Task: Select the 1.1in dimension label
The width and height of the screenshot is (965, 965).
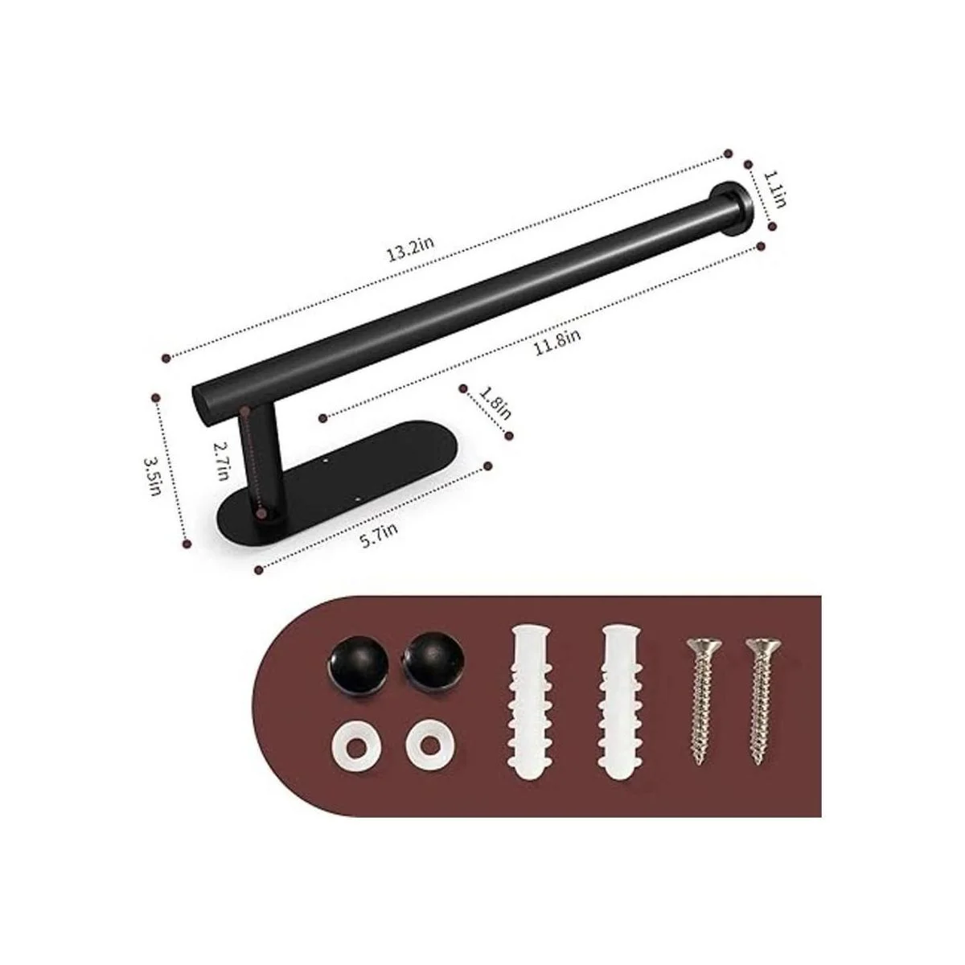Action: pyautogui.click(x=774, y=189)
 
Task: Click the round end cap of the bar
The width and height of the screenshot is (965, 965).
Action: pyautogui.click(x=730, y=211)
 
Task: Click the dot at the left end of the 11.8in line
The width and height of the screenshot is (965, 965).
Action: pyautogui.click(x=322, y=417)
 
